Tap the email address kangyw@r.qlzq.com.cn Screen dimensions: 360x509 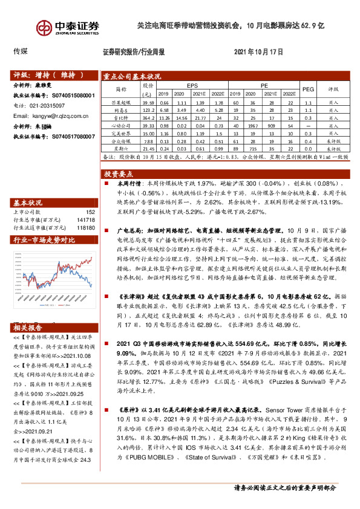pos(63,115)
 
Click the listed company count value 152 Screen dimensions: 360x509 pos(90,212)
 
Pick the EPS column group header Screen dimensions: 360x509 pos(192,86)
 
